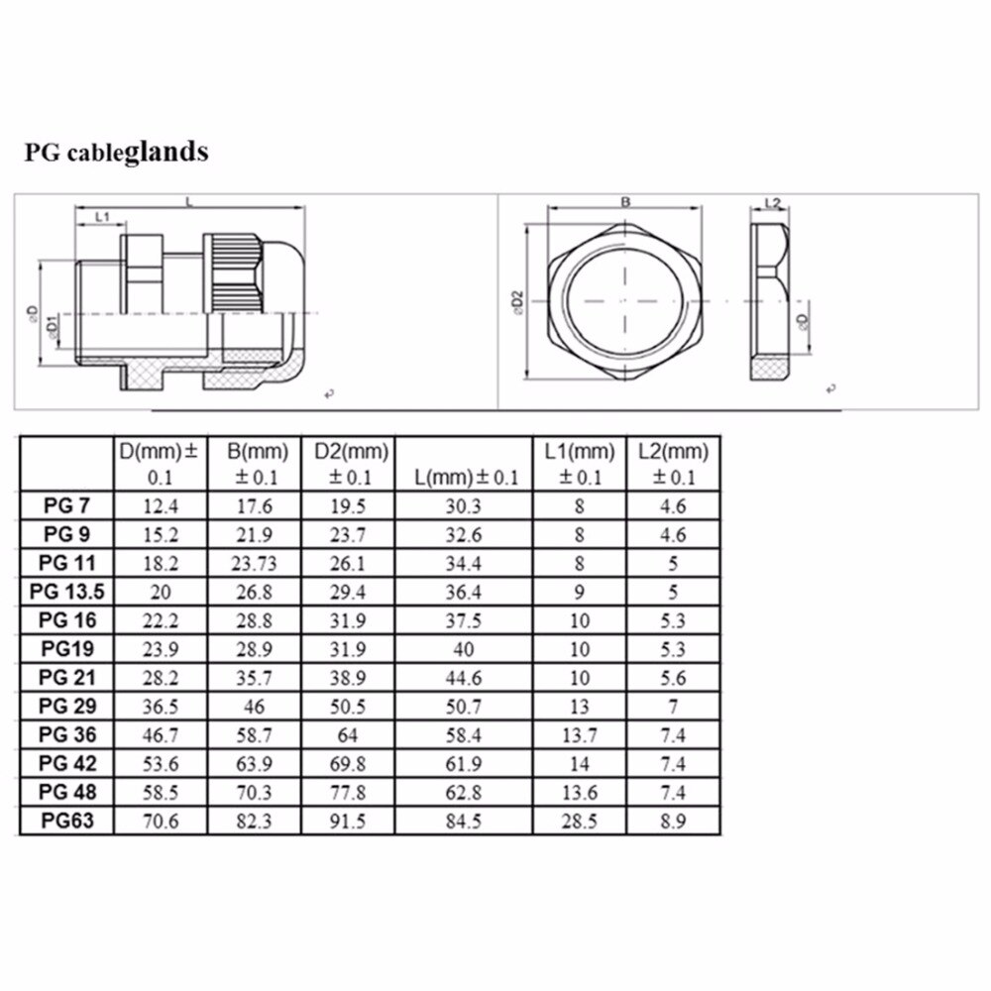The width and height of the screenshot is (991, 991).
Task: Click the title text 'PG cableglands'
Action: point(117,153)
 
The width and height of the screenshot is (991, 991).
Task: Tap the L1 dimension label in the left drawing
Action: point(101,216)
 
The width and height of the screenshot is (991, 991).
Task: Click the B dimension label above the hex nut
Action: point(625,201)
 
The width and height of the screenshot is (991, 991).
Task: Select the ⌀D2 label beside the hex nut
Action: point(516,302)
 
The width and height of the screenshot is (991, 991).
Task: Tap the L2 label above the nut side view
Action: point(774,203)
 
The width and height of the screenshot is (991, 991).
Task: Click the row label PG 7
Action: point(67,506)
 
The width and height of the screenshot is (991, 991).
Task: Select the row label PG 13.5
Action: point(67,593)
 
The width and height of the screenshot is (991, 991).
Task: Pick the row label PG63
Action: point(67,821)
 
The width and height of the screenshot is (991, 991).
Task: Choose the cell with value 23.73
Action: point(257,564)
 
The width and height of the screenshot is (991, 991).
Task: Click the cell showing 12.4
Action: point(162,506)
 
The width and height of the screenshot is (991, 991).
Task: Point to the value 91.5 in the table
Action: point(350,822)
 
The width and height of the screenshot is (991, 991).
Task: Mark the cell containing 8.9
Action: point(673,822)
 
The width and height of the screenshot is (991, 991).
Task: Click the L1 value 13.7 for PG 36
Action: point(580,735)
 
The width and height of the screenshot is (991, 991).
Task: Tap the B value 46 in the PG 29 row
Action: point(257,707)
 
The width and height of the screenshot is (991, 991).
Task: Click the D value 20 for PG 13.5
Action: point(162,593)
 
